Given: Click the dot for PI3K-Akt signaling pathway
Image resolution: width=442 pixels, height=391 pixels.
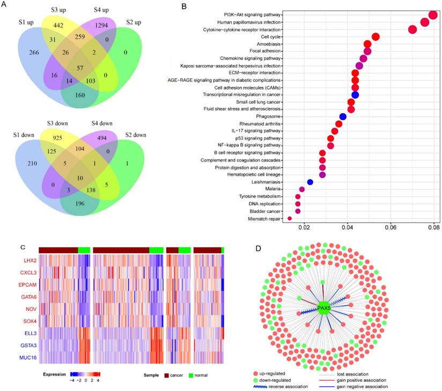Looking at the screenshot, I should [x=433, y=15].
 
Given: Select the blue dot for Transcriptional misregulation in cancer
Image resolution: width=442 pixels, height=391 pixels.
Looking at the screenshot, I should [x=355, y=94].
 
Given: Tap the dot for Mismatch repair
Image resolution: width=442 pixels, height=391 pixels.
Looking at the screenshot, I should [x=290, y=218].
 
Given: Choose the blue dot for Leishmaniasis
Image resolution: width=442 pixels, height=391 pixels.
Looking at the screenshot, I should [x=310, y=182].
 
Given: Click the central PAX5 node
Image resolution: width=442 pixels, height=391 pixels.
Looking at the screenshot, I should [x=324, y=308].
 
